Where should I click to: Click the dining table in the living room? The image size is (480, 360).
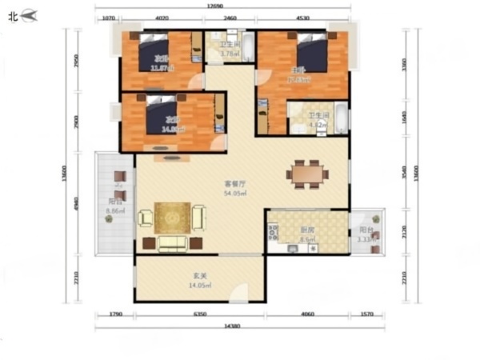pyautogui.click(x=308, y=174)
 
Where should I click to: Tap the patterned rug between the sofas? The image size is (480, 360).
pyautogui.click(x=172, y=217)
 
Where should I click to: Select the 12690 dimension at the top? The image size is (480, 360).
pyautogui.click(x=213, y=7)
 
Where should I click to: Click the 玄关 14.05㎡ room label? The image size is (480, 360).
pyautogui.click(x=200, y=282)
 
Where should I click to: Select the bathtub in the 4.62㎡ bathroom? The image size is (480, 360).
pyautogui.click(x=342, y=119)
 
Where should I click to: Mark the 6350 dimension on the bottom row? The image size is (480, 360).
pyautogui.click(x=200, y=314)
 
